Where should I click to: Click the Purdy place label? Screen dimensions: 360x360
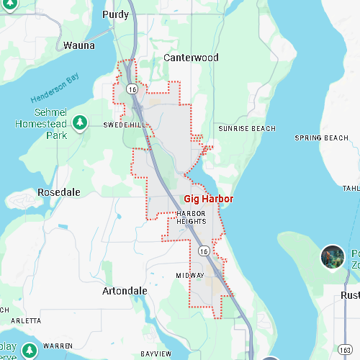point(115,14)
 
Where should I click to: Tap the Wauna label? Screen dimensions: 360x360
point(79,45)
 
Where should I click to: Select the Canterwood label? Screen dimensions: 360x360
point(191,58)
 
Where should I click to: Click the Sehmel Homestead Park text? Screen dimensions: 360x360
point(51,124)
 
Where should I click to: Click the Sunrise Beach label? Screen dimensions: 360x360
point(247,128)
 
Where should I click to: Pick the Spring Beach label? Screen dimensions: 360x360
point(321,138)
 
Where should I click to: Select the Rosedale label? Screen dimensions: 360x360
point(59,192)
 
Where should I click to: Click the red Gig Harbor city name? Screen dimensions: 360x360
point(208,198)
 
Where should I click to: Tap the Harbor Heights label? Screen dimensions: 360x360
point(192,217)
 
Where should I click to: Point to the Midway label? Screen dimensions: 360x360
point(190,276)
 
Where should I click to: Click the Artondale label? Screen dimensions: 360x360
point(125,291)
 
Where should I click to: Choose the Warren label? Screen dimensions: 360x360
point(58,346)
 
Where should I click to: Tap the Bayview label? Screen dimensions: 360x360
point(156,354)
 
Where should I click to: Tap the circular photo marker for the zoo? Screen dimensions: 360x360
point(333,256)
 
